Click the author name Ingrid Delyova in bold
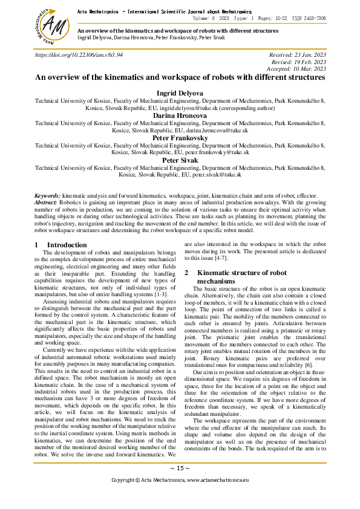pyautogui.click(x=180, y=93)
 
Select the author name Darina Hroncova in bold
pyautogui.click(x=180, y=115)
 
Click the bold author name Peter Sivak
pyautogui.click(x=180, y=160)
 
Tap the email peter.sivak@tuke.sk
pyautogui.click(x=217, y=174)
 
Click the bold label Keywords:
pyautogui.click(x=47, y=196)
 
